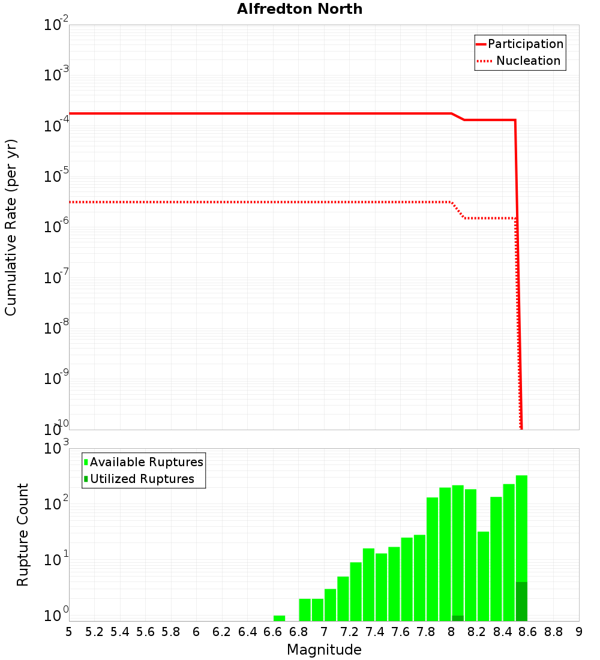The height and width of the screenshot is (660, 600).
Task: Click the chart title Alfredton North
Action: [299, 9]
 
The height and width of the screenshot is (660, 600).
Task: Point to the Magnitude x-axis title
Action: [324, 650]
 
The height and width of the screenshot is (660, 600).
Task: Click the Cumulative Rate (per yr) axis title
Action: [11, 227]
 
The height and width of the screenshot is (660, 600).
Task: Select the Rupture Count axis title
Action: [23, 534]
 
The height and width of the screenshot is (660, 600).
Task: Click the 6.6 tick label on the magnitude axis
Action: [273, 632]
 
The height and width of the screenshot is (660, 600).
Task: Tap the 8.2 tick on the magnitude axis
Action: [477, 632]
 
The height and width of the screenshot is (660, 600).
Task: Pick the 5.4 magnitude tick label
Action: [120, 632]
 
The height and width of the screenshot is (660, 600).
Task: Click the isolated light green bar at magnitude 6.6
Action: [279, 618]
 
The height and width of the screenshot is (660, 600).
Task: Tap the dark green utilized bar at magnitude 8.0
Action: [458, 618]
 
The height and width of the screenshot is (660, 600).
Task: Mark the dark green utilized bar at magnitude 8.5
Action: [521, 601]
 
